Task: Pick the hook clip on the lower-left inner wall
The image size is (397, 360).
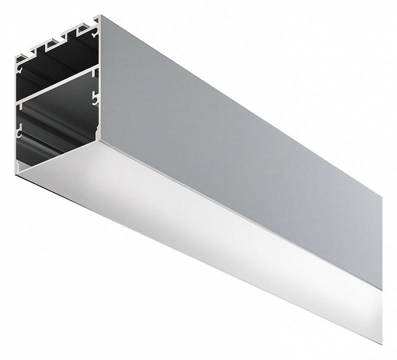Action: coord(19,133)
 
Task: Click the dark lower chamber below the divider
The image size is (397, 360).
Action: coord(55,129)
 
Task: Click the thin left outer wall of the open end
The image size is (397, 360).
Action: coord(16,114)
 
